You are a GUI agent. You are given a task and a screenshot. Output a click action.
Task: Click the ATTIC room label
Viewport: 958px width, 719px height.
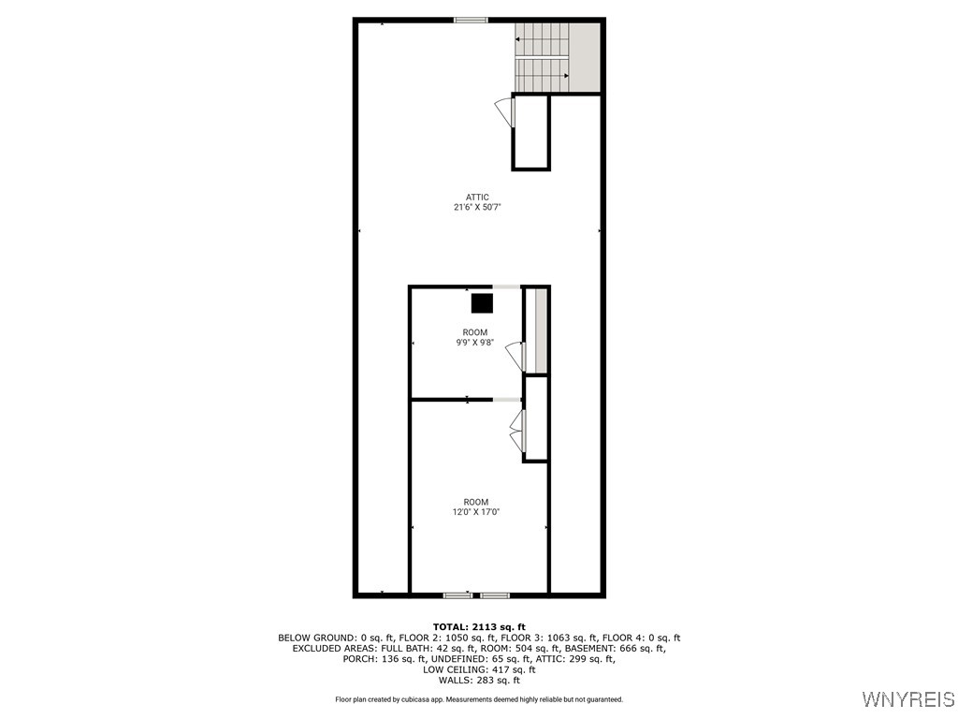point(477,198)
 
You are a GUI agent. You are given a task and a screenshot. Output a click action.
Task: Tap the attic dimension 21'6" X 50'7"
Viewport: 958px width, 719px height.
point(477,207)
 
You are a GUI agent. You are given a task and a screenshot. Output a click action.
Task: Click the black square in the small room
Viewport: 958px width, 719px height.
point(482,304)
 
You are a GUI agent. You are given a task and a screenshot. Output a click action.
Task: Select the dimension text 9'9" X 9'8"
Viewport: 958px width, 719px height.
point(474,343)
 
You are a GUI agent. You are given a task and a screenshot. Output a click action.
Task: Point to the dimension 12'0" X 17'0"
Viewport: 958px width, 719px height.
point(475,512)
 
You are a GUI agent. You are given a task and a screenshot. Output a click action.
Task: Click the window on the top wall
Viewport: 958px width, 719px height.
point(471,21)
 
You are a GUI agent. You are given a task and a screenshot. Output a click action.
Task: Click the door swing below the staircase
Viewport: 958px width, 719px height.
point(504,112)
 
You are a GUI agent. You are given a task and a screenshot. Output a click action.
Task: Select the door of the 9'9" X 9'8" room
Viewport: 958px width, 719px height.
point(515,357)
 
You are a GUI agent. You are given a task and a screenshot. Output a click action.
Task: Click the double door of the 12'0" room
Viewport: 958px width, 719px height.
point(516,431)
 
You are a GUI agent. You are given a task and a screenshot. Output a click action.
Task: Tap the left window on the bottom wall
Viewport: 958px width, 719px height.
point(457,594)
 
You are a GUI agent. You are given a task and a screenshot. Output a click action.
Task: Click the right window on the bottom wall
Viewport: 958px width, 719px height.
point(495,594)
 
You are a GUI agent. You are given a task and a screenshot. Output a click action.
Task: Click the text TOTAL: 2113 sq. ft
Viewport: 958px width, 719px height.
point(479,626)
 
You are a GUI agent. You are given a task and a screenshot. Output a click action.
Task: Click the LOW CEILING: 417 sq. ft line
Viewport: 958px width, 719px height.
point(479,669)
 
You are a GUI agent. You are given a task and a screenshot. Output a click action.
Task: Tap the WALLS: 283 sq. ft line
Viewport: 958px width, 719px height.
point(479,680)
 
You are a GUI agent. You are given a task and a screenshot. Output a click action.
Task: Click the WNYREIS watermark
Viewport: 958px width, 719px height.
point(908,698)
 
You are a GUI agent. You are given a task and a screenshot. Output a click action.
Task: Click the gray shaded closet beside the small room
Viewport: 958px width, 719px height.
point(541,330)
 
